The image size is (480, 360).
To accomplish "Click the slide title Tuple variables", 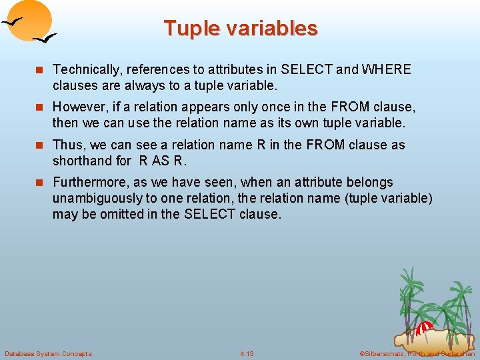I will [240, 28].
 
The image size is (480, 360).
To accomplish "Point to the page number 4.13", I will [247, 353].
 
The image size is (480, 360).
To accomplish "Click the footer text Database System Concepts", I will [49, 353].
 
